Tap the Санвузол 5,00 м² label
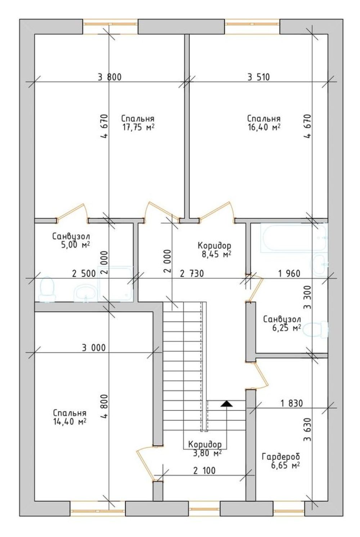[x=71, y=241]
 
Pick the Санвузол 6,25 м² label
[x=282, y=323]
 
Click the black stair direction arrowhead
[x=227, y=404]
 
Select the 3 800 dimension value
[x=110, y=77]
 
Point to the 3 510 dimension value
[x=259, y=77]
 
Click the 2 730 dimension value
[x=192, y=273]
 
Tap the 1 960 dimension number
[x=289, y=273]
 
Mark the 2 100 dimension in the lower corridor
[x=204, y=470]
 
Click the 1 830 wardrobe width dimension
[x=292, y=403]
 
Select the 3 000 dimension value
[x=94, y=347]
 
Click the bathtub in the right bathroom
[x=294, y=238]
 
